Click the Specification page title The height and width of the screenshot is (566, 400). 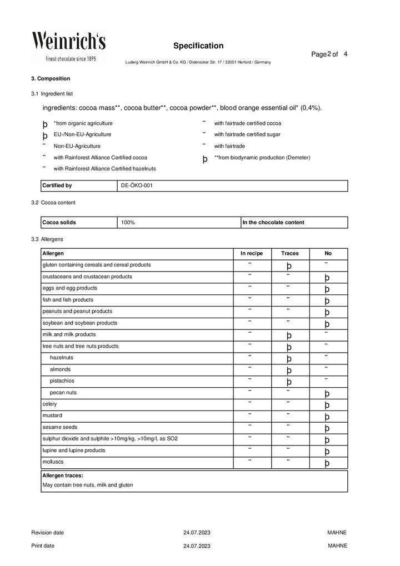(x=198, y=46)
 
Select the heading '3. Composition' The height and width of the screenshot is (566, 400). (x=51, y=79)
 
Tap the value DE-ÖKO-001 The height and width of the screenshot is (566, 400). (x=137, y=186)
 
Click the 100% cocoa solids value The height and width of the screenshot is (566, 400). (x=128, y=223)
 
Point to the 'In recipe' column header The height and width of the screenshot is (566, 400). (x=251, y=253)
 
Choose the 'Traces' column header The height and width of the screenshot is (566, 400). (x=289, y=253)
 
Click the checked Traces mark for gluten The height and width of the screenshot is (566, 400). (x=289, y=266)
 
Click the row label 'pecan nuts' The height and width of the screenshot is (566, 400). (x=63, y=393)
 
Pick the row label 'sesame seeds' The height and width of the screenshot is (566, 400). (x=60, y=427)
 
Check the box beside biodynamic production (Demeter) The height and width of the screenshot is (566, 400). (x=205, y=159)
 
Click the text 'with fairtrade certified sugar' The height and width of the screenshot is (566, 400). (x=247, y=134)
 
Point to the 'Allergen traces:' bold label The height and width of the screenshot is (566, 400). (x=63, y=476)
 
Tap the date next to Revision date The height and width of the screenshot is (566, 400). (x=197, y=533)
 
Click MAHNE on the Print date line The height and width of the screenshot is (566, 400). (x=337, y=546)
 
